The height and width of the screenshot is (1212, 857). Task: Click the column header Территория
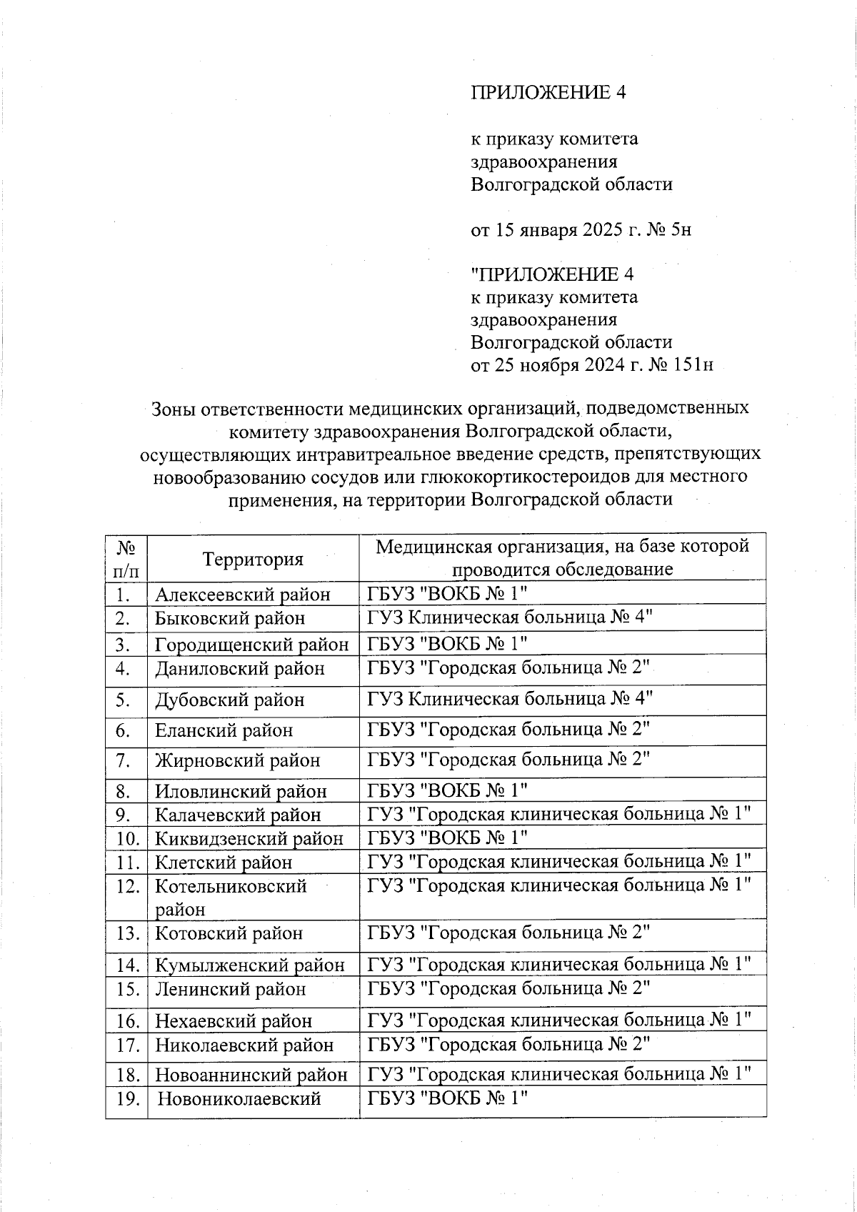coord(253,559)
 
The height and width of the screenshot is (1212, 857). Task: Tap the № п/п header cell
coord(126,559)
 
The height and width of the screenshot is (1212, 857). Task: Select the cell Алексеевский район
coord(243,595)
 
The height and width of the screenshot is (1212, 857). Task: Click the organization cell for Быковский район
coord(510,617)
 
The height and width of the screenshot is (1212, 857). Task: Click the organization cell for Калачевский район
coord(559,814)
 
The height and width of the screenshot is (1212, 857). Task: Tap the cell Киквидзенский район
coord(249,838)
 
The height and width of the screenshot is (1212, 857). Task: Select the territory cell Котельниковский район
coord(231,897)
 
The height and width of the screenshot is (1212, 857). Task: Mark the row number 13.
coord(126,933)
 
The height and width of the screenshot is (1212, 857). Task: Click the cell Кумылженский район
coord(250,965)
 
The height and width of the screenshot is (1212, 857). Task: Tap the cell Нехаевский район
coord(234,1021)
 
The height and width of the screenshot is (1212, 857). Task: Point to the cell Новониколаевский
coord(239,1099)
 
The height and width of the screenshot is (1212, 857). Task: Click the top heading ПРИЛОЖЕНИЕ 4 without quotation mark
coord(548,93)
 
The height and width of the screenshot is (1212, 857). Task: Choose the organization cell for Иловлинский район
coord(447,790)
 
